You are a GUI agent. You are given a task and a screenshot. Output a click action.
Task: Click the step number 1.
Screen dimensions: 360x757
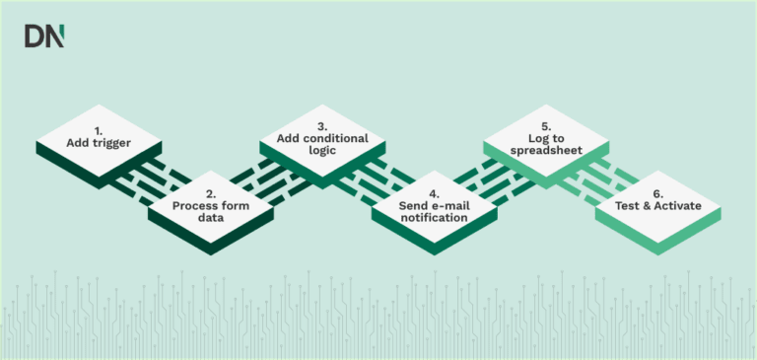click(99, 130)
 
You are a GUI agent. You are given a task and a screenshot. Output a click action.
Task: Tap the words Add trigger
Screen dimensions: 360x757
click(99, 144)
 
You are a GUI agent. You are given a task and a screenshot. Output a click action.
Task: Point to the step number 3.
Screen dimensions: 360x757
click(322, 125)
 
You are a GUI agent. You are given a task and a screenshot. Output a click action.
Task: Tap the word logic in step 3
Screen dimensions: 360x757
click(322, 153)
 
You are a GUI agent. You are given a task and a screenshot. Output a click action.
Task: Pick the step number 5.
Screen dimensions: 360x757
click(545, 125)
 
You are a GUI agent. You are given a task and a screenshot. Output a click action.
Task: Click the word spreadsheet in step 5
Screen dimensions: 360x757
click(545, 153)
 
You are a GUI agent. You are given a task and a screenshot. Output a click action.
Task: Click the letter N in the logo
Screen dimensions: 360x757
click(56, 36)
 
